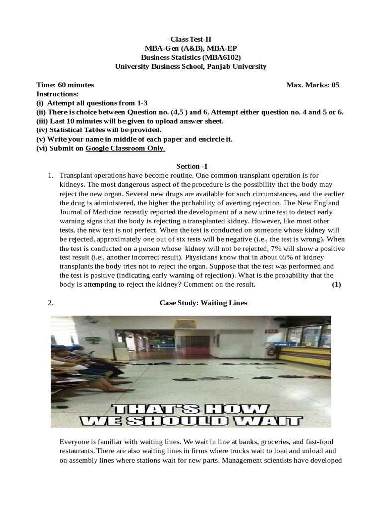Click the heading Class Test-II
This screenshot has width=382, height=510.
point(191,39)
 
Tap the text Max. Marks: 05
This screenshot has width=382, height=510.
point(313,85)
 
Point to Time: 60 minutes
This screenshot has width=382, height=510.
point(65,85)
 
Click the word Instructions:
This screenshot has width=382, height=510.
point(57,94)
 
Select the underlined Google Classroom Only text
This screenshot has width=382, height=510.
point(125,148)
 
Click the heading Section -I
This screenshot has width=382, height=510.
point(191,166)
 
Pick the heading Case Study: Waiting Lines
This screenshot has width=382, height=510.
point(203,302)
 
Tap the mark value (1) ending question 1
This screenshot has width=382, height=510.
point(336,284)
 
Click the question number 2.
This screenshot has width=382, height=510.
point(51,302)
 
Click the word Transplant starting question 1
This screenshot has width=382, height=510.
point(76,176)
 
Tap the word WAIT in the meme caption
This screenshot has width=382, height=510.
point(274,419)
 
